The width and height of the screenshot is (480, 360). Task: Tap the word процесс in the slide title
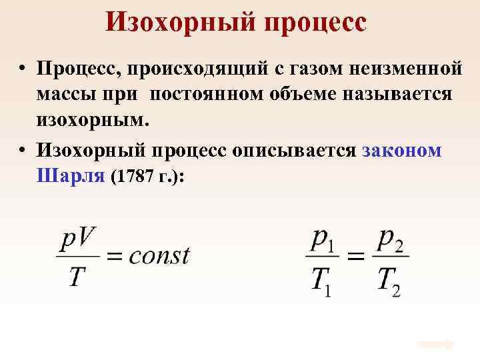tap(315, 23)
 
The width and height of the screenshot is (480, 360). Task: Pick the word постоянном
tap(209, 95)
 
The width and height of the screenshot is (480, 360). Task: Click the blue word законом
tap(403, 151)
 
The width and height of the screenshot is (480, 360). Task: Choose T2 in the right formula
tap(388, 280)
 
